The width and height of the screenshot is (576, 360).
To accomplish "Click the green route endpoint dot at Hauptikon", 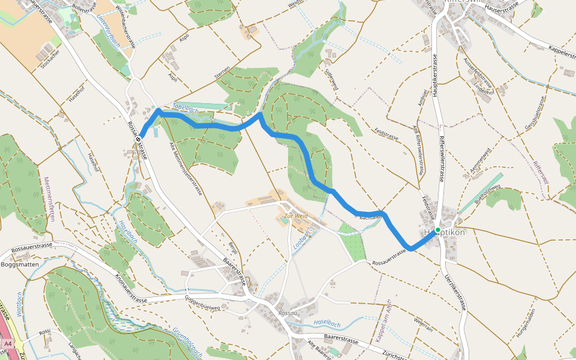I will pyautogui.click(x=438, y=230).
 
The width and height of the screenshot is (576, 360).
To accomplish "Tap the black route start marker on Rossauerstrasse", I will pyautogui.click(x=139, y=139).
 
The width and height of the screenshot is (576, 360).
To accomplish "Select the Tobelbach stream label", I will pyautogui.click(x=185, y=109).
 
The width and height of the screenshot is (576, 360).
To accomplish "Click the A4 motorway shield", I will pyautogui.click(x=8, y=344).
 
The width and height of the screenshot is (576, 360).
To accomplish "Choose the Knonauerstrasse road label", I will pyautogui.click(x=131, y=289).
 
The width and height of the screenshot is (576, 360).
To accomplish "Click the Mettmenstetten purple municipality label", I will pyautogui.click(x=49, y=199).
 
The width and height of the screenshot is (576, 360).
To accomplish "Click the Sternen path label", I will pyautogui.click(x=222, y=75).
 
